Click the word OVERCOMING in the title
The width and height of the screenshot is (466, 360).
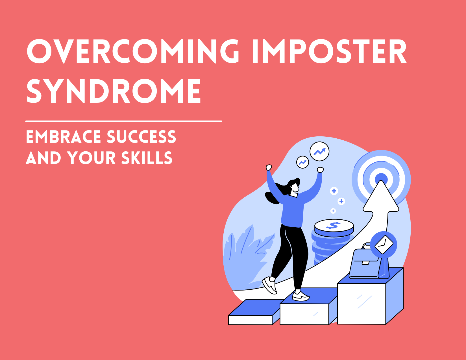(x=133, y=51)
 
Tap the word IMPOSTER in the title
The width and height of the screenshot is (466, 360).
(x=329, y=51)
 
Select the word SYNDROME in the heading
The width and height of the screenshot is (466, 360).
(x=114, y=91)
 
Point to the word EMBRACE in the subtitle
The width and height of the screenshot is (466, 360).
(x=64, y=137)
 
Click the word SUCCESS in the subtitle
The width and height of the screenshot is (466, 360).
(x=141, y=137)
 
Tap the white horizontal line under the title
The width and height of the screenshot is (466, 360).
(x=124, y=121)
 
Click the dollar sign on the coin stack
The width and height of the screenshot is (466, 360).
(x=334, y=225)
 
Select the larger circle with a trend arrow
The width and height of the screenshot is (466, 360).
(x=319, y=152)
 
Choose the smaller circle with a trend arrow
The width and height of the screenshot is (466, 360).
(x=302, y=162)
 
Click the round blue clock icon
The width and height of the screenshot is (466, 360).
(x=384, y=245)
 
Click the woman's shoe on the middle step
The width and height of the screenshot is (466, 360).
(x=300, y=296)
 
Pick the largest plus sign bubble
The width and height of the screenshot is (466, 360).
(x=334, y=191)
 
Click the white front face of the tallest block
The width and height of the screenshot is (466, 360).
(x=362, y=304)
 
